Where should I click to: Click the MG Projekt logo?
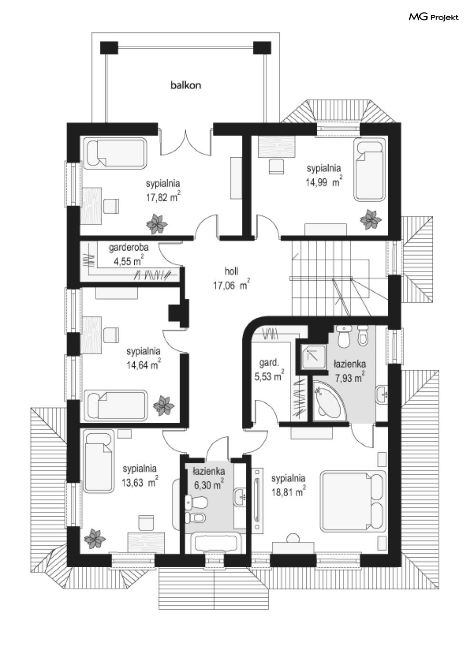click(x=434, y=17)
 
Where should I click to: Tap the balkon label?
click(x=186, y=85)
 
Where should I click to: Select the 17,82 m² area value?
click(x=163, y=197)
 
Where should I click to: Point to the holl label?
click(x=232, y=271)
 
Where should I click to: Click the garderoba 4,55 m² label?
click(x=129, y=254)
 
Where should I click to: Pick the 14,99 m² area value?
click(x=324, y=182)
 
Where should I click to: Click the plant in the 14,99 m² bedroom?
click(x=370, y=219)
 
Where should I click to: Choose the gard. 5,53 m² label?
click(x=269, y=369)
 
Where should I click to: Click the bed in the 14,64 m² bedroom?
click(x=116, y=405)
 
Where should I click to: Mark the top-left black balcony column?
click(x=109, y=48)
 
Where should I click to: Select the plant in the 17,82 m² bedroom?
click(x=157, y=224)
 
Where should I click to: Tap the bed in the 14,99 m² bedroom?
click(x=370, y=169)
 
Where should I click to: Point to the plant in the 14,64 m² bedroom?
click(x=163, y=406)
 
